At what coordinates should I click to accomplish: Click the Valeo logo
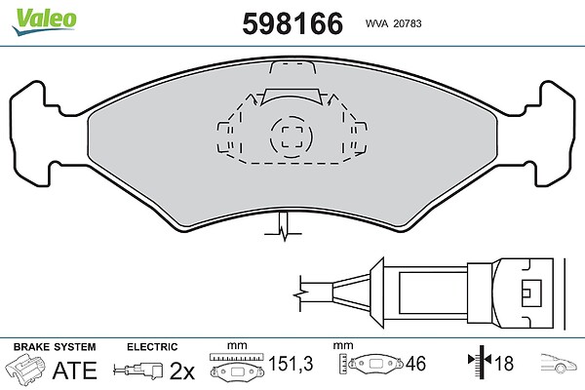click(x=44, y=20)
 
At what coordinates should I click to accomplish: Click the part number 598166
click(x=292, y=23)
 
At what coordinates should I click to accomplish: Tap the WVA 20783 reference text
click(x=393, y=23)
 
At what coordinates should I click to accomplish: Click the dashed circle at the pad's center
click(x=292, y=136)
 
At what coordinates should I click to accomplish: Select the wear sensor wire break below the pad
click(x=284, y=227)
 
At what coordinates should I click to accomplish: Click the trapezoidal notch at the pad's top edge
click(x=292, y=67)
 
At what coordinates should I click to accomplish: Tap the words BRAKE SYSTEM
click(x=55, y=347)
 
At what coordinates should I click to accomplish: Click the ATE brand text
click(x=75, y=370)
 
